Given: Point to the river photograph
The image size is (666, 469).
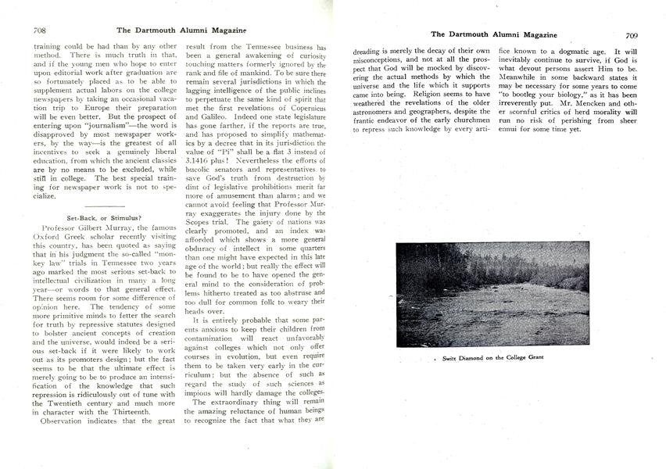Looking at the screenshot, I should click(x=492, y=295).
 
